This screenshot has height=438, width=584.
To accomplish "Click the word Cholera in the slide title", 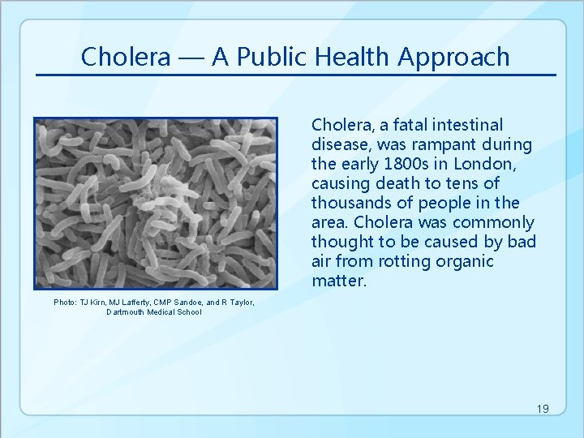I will point(126,57).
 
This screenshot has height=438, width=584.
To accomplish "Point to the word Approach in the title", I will point(455,57).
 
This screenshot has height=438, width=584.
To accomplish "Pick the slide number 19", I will point(543,409).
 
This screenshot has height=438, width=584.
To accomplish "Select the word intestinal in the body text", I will point(467,125).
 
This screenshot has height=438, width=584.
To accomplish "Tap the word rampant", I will point(444,144).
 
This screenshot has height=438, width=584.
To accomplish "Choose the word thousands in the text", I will point(346,203).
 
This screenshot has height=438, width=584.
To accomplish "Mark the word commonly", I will point(493,222).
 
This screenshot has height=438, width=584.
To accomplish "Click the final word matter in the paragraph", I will point(338,281).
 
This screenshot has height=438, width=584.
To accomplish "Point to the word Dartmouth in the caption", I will point(126,312).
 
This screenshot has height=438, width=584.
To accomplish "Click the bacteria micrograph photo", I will point(155,203).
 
